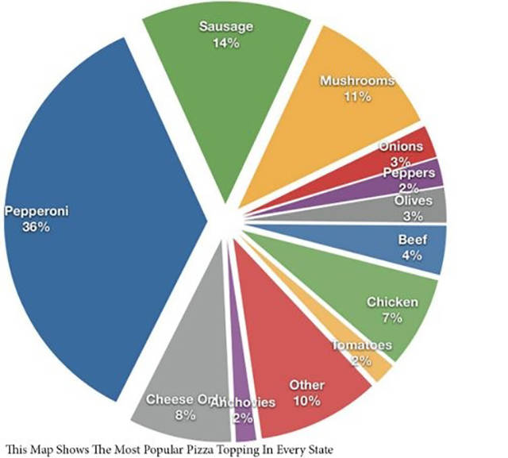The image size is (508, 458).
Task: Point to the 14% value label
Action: [225, 42]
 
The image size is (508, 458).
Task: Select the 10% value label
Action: [306, 400]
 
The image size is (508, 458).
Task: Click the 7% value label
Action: [392, 318]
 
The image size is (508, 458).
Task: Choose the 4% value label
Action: [411, 256]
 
